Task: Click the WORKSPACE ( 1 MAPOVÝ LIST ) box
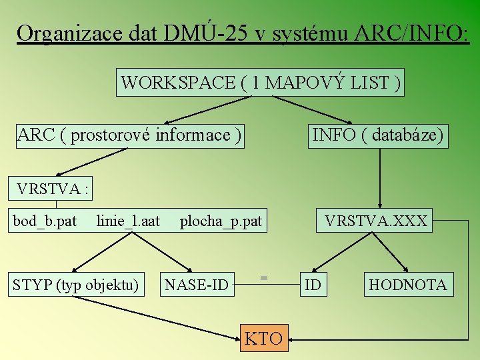coord(260,83)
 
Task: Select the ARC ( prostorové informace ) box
coord(129,135)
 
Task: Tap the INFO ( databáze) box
coord(377,135)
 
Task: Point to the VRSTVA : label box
coord(51,189)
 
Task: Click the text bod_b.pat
coord(45,221)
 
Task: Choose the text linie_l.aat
coord(128,221)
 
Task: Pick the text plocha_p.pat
coord(221,221)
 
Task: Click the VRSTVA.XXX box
coord(375,221)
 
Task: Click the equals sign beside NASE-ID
coord(264,277)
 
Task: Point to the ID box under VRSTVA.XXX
coord(313,285)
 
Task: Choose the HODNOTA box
coord(408,285)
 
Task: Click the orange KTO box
coord(263,338)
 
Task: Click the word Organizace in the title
coord(69,33)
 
